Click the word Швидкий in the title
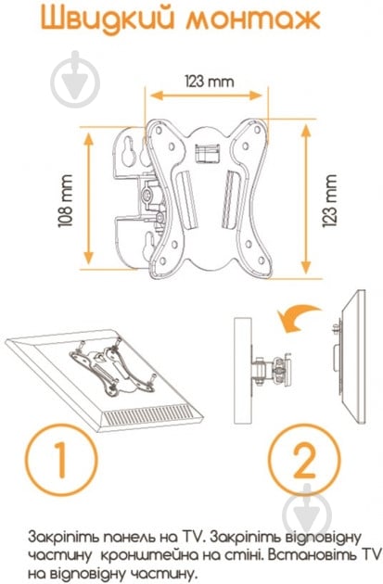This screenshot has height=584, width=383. click(108, 19)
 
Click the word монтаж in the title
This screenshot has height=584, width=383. click(253, 19)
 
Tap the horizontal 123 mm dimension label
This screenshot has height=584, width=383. click(210, 82)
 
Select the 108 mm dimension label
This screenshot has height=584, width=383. click(65, 200)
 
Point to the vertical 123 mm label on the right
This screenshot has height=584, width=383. click(329, 200)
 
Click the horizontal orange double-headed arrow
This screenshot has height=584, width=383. click(206, 95)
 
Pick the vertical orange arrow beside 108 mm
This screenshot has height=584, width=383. click(88, 198)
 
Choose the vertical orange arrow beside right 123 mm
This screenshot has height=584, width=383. click(305, 199)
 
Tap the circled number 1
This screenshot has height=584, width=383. click(61, 460)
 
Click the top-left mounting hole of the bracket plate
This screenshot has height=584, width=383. click(159, 131)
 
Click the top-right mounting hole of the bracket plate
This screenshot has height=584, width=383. click(257, 130)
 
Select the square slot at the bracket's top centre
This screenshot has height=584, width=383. click(206, 153)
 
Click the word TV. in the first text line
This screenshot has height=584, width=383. click(194, 537)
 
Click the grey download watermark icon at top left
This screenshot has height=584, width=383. click(75, 80)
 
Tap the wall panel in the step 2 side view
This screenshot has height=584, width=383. click(243, 370)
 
